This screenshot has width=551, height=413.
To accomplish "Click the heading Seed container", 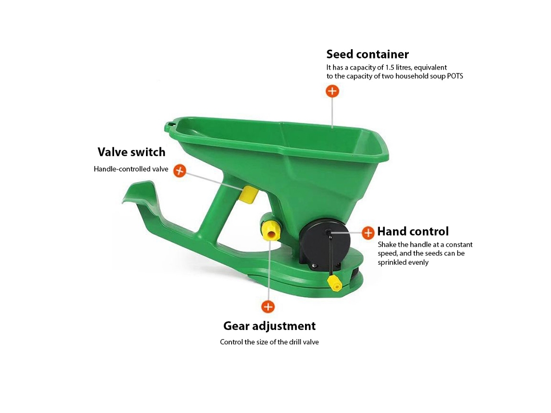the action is coord(367,54).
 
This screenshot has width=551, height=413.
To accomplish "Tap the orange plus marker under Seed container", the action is coord(332,91).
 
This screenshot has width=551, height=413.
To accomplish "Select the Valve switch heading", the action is coord(131,152).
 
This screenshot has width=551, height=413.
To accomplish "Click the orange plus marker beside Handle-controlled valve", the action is coord(180,171).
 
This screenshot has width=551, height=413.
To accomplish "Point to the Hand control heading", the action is coord(413,231).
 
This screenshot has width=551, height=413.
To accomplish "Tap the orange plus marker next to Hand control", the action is coord(368,233).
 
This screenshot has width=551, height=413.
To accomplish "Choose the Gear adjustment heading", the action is coord(270,326).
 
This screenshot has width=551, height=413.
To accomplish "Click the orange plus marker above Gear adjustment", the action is coord(268,307).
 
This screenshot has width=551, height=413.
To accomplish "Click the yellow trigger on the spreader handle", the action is coord(249,195).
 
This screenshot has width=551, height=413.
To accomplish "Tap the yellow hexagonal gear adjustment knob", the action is coord(271,231).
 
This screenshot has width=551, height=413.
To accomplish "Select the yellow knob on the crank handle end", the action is coord(335,283).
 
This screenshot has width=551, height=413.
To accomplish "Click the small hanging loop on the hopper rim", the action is coord(170,125).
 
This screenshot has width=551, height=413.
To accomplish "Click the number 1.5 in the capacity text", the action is coord(390,68).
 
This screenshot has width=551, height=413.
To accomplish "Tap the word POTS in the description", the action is coord(455,76).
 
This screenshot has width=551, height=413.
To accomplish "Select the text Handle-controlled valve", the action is coord(131,169).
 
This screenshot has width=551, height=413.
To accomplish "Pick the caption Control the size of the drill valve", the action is coord(269,342).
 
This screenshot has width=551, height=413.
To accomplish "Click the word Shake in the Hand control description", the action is coord(387,244).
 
